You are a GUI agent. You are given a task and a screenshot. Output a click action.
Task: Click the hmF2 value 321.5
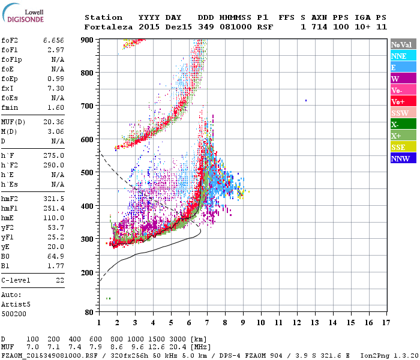pyautogui.click(x=53, y=197)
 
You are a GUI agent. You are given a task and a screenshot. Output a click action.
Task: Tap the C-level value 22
pyautogui.click(x=60, y=280)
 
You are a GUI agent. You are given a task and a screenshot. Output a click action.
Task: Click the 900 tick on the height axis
pyautogui.click(x=88, y=40)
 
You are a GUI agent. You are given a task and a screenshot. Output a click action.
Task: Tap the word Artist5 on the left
pyautogui.click(x=15, y=304)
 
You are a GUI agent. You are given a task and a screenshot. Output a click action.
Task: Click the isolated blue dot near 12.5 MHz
pyautogui.click(x=306, y=100)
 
